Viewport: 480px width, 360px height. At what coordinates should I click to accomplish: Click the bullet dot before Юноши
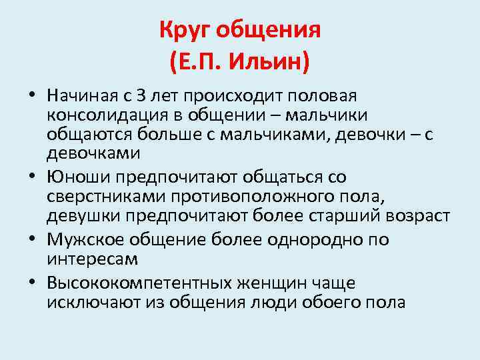pos(34,177)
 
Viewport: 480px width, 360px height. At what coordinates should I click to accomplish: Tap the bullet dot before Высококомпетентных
pos(34,283)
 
